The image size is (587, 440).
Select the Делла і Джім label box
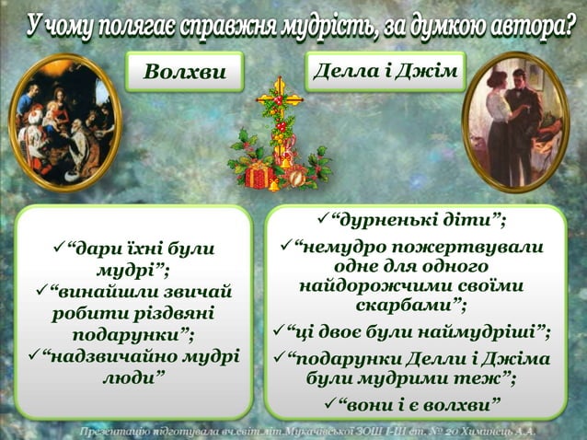(x=385, y=71)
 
